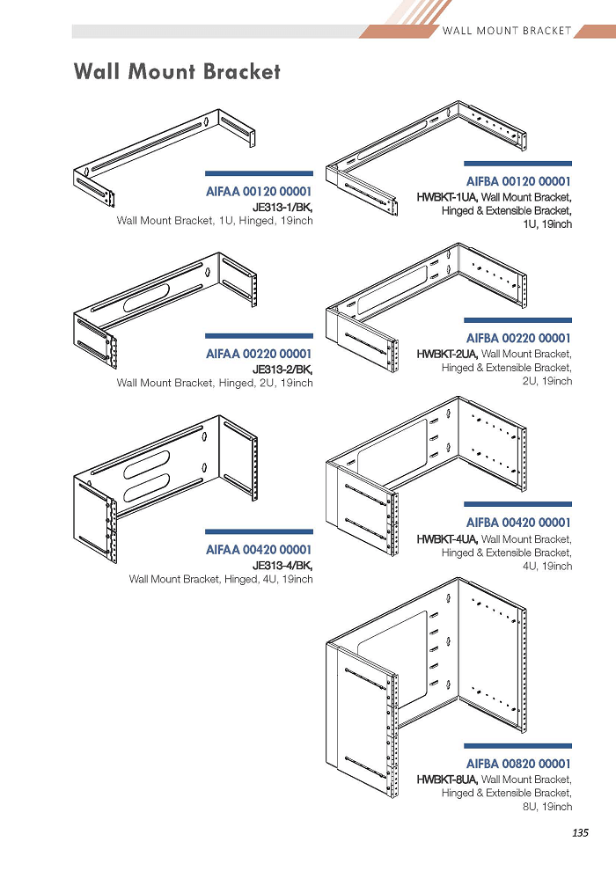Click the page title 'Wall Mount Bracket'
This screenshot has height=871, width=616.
(x=177, y=71)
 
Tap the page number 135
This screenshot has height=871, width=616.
(x=580, y=832)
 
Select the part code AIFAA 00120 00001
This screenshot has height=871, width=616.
(x=259, y=192)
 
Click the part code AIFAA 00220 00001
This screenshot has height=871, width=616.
(x=259, y=354)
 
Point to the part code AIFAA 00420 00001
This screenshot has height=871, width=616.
(x=259, y=550)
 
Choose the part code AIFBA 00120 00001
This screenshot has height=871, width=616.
(x=518, y=181)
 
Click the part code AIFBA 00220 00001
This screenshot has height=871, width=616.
(x=518, y=339)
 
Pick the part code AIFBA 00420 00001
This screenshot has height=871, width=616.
(x=518, y=523)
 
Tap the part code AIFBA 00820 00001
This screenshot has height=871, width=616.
(x=518, y=764)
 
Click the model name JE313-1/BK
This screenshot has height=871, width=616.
(x=282, y=208)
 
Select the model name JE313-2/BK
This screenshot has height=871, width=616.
(x=282, y=370)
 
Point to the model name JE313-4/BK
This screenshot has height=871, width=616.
(x=282, y=566)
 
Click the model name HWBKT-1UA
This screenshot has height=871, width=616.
(x=447, y=197)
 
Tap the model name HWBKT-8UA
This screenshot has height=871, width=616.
(x=447, y=780)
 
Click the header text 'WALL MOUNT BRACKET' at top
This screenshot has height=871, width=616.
(x=507, y=31)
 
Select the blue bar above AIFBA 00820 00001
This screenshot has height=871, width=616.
(x=517, y=746)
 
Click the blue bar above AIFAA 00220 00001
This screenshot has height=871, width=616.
(x=259, y=336)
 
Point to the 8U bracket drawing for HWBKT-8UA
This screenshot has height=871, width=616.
(x=426, y=688)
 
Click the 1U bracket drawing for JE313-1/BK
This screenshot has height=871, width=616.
(x=164, y=158)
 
